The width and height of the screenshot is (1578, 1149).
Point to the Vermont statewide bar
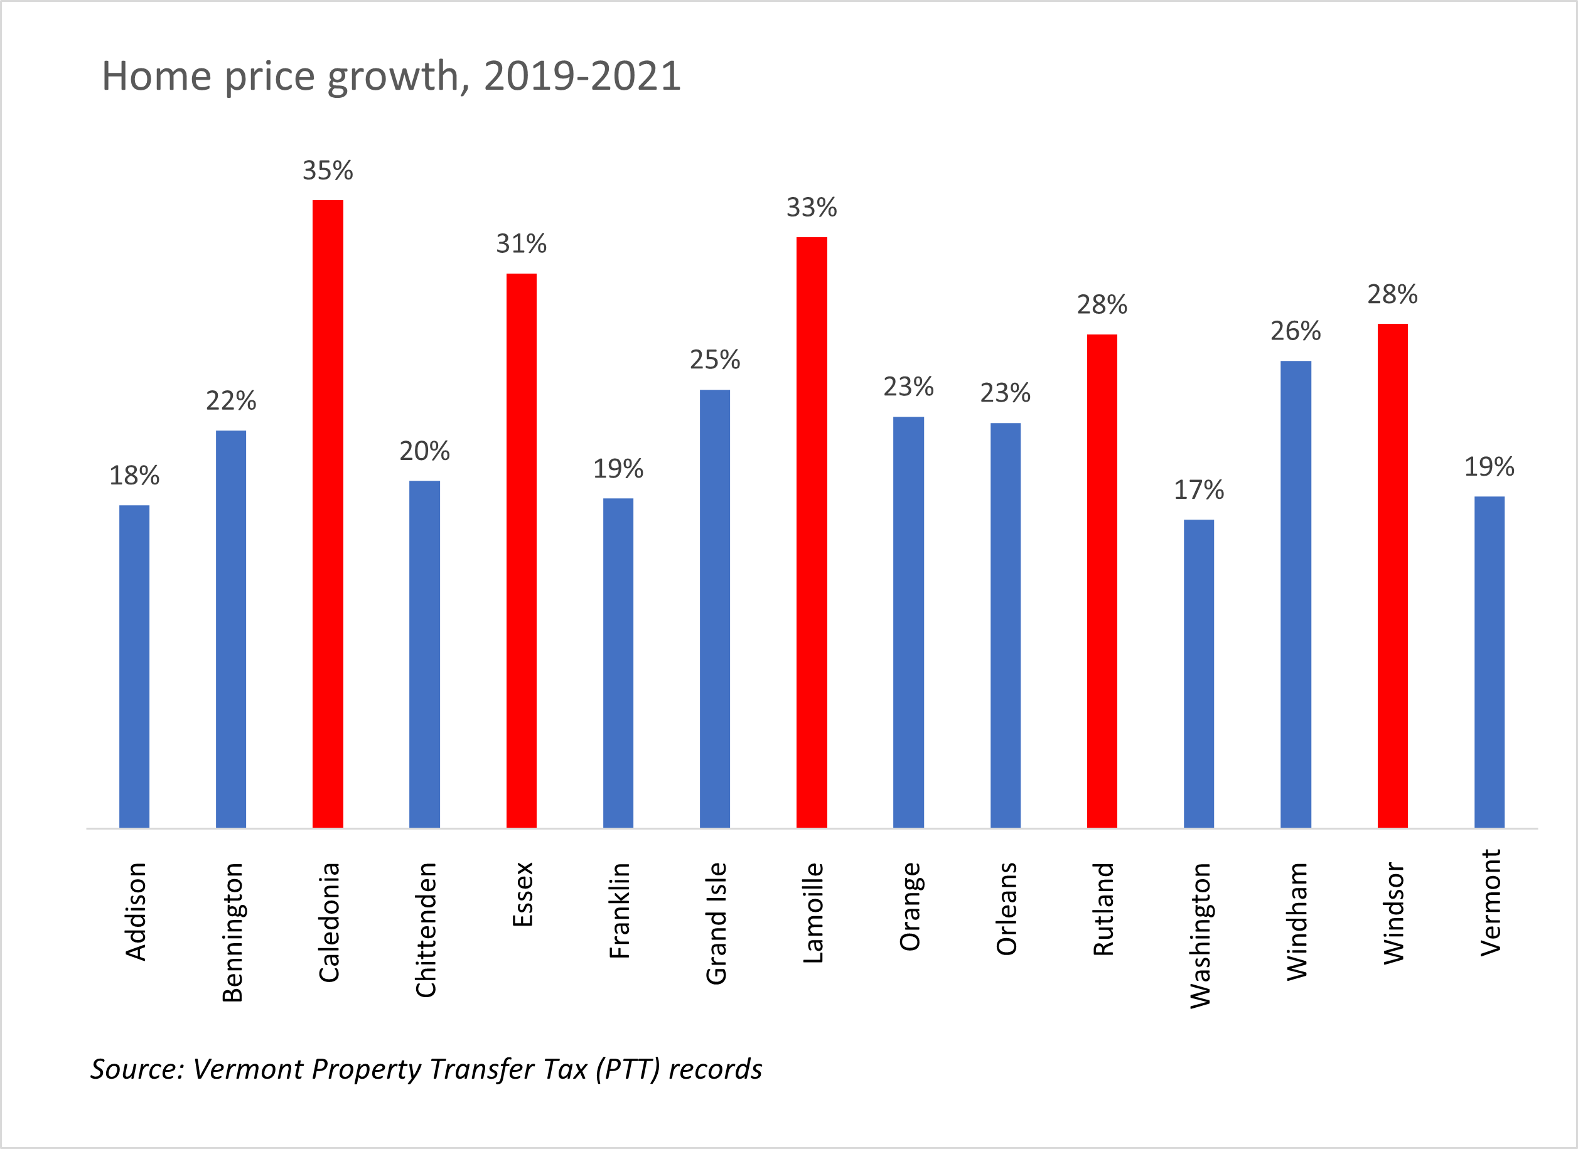click(x=1489, y=661)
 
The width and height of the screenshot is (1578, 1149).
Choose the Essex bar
click(x=521, y=550)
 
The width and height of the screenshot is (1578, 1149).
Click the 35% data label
click(x=328, y=171)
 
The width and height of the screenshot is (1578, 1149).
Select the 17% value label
click(x=1199, y=489)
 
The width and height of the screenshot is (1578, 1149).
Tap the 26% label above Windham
click(x=1296, y=331)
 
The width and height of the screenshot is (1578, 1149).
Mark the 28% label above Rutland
click(x=1102, y=304)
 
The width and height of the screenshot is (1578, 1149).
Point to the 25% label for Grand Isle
click(x=714, y=360)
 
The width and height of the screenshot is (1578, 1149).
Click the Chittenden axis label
click(x=426, y=930)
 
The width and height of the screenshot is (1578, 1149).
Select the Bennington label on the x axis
click(x=232, y=932)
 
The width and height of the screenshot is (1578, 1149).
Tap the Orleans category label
click(x=1006, y=909)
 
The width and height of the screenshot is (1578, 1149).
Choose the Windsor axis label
click(x=1393, y=912)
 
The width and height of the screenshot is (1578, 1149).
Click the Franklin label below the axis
click(x=618, y=911)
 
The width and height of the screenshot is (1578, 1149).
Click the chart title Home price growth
click(x=391, y=75)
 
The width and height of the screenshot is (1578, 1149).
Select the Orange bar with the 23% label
click(x=908, y=622)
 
